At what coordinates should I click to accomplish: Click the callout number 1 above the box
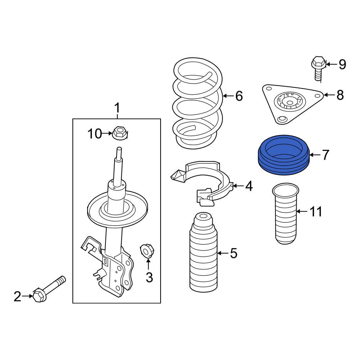(x=117, y=107)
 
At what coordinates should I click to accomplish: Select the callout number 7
(x=325, y=155)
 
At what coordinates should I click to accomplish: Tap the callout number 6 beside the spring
(x=239, y=96)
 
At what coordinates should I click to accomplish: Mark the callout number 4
(x=249, y=186)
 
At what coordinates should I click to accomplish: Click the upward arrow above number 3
(x=148, y=265)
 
